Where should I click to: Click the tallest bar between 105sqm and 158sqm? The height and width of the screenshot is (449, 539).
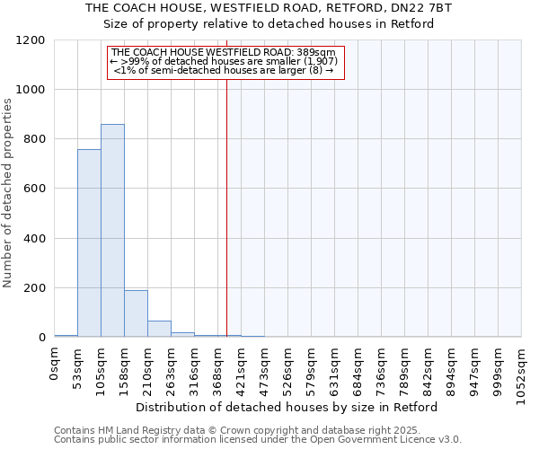pos(112,231)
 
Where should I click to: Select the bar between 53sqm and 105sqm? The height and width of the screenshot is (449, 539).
pos(89,243)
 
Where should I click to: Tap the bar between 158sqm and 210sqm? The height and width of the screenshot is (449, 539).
pos(136,313)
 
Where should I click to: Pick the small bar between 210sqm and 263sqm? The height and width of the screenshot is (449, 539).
pos(159,329)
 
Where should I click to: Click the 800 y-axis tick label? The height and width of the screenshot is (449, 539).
pos(34,139)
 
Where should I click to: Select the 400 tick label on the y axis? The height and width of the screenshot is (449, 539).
pos(34,239)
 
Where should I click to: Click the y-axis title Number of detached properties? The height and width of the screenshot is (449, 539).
pos(8,193)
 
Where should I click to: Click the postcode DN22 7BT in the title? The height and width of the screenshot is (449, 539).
pos(426,8)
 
